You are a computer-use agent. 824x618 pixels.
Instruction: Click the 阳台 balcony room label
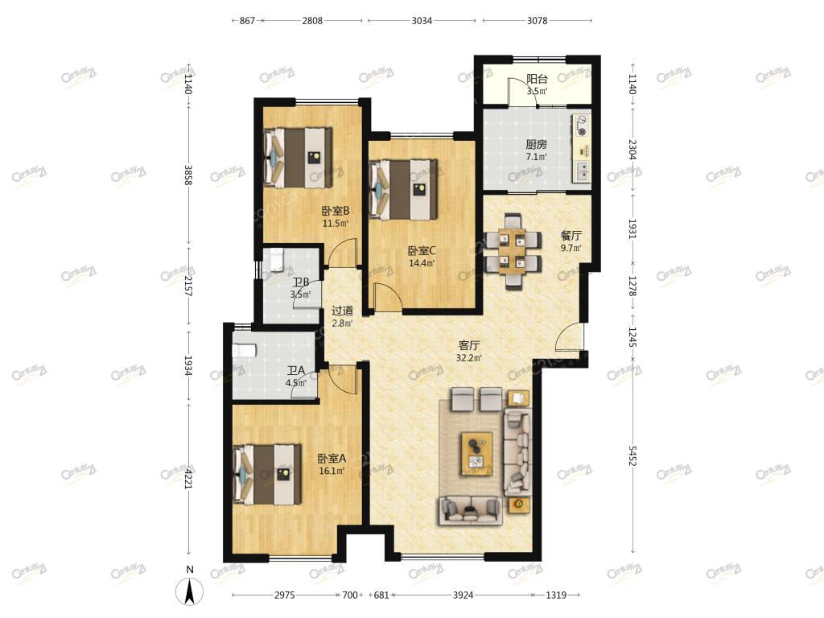tap(537, 80)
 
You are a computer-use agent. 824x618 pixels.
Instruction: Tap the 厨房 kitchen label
tap(536, 145)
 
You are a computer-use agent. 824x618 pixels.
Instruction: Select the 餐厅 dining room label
tap(571, 236)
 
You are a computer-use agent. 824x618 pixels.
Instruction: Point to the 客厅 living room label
tap(469, 345)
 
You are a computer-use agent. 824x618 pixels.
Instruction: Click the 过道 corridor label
tap(342, 311)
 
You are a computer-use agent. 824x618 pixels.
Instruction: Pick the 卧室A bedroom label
tap(332, 458)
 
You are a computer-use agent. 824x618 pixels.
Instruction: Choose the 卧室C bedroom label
tap(422, 251)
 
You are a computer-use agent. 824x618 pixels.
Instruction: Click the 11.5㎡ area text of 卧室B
tap(336, 224)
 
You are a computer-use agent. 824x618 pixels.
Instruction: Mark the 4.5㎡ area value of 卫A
tap(296, 383)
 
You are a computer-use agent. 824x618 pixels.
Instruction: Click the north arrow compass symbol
tap(190, 590)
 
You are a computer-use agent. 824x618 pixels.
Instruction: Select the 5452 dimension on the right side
tap(632, 456)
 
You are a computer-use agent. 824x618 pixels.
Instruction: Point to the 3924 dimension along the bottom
tap(463, 595)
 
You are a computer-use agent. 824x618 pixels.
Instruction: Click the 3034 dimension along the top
tap(422, 20)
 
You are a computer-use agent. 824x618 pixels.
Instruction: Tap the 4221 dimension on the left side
tap(188, 479)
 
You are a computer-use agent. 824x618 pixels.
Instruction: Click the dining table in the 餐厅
tap(513, 250)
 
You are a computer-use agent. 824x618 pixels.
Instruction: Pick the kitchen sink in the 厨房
tap(582, 171)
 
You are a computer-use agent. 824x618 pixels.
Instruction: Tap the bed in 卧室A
tap(267, 475)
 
